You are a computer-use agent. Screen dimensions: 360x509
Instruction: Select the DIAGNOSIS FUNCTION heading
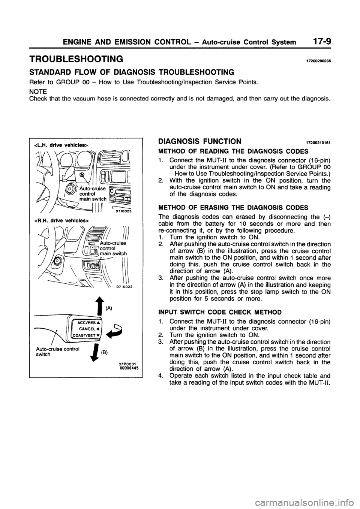pos(200,141)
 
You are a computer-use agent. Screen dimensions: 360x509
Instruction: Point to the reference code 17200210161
pos(319,143)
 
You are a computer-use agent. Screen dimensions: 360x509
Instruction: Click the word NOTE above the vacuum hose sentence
pos(38,91)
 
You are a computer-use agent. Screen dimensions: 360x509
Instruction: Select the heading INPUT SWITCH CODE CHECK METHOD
pos(220,313)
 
